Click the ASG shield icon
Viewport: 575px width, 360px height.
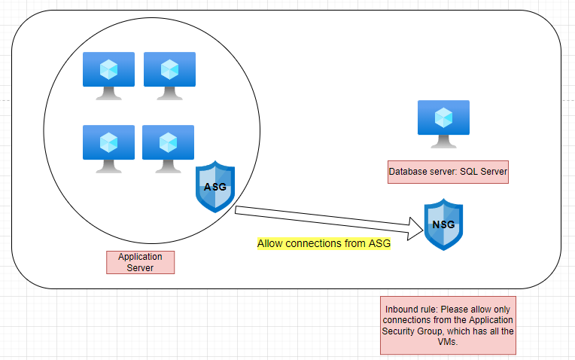point(215,187)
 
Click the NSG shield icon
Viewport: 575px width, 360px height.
point(443,224)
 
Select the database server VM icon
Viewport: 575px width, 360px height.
point(443,124)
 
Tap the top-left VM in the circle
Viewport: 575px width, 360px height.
point(108,76)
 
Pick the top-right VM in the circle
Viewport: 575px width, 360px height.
point(169,76)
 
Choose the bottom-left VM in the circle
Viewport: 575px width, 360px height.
point(108,149)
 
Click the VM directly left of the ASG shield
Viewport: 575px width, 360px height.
point(168,149)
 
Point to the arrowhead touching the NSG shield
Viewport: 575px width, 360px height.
point(416,229)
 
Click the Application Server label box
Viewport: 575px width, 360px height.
point(141,262)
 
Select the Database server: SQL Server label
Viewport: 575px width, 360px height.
point(448,172)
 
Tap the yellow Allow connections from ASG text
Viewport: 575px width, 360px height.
point(324,243)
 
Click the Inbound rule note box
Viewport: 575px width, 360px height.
point(448,325)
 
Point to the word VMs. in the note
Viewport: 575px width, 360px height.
point(447,342)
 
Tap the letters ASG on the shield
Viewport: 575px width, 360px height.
point(215,187)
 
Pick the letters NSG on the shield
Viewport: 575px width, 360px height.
point(443,224)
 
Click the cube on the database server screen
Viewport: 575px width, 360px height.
point(443,117)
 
